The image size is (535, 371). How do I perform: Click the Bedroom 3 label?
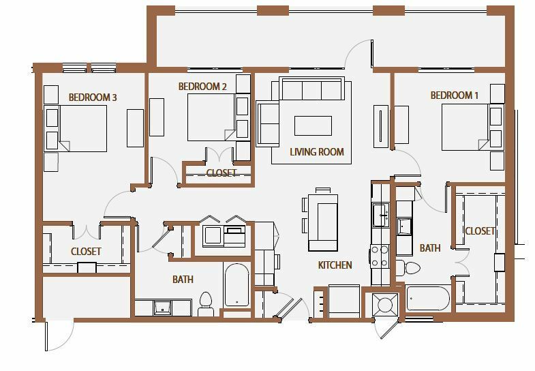(93, 98)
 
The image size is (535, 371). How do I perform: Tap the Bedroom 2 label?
(202, 87)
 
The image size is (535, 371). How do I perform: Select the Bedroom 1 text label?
(454, 95)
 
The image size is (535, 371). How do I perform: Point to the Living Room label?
(317, 152)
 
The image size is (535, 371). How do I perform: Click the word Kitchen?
(335, 265)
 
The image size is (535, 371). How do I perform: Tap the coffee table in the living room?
(313, 125)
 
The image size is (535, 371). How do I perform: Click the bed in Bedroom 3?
(83, 128)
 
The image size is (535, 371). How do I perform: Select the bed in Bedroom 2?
(211, 117)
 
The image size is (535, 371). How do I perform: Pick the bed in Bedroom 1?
(465, 128)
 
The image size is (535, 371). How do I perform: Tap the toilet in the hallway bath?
(205, 303)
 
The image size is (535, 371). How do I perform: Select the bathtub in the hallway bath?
(236, 285)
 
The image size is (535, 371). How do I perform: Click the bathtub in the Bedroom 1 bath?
(427, 298)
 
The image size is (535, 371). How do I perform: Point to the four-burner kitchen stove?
(380, 256)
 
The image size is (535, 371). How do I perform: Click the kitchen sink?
(381, 215)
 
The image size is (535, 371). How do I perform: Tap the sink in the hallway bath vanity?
(162, 308)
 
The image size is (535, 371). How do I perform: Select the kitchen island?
(323, 222)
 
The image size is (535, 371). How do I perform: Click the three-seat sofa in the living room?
(312, 89)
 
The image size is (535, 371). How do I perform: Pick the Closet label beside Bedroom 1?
(480, 231)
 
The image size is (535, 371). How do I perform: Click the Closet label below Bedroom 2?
(221, 173)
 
